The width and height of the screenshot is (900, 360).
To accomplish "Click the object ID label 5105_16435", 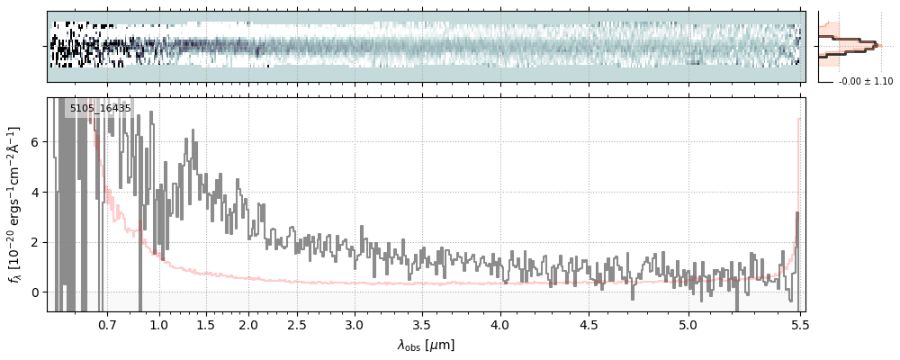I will point(100,108).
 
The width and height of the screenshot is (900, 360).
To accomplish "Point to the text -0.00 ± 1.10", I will point(865,81).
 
